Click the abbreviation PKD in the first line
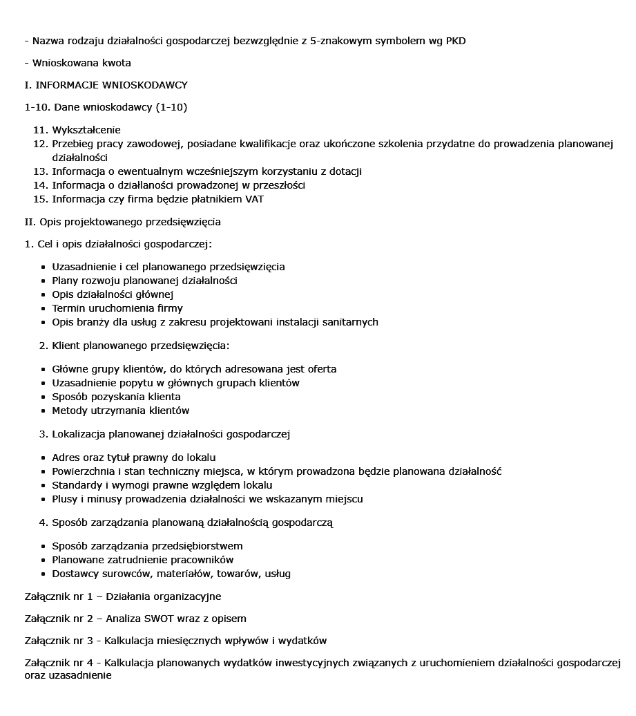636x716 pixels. pos(455,41)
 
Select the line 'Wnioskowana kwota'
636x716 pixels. pos(81,63)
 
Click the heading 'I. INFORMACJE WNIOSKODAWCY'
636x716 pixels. pos(106,85)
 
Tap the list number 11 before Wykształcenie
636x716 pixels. pos(39,130)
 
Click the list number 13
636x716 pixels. pos(39,171)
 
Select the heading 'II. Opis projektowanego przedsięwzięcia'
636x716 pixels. pos(122,222)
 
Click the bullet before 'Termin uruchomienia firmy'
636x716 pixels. pos(44,308)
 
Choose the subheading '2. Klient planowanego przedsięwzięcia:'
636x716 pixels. pos(134,346)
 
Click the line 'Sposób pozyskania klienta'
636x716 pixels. pos(116,397)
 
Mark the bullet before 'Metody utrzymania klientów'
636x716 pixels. pos(44,411)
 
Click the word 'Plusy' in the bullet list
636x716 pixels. pos(66,499)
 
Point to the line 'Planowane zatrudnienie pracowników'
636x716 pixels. pos(142,560)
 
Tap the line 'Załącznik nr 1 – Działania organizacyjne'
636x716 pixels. pos(122,596)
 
